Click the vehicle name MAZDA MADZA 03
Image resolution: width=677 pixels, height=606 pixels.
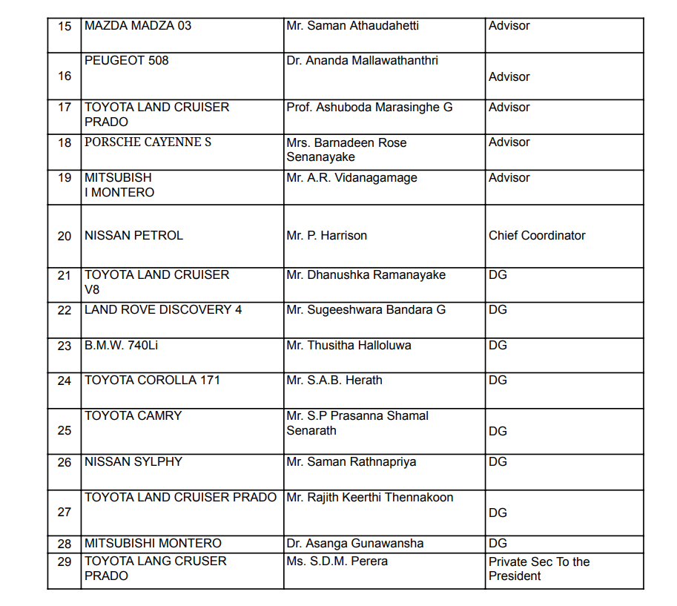pyautogui.click(x=138, y=26)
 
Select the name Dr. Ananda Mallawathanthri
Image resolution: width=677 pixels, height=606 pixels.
pyautogui.click(x=362, y=61)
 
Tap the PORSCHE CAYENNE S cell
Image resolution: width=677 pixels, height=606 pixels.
pyautogui.click(x=148, y=142)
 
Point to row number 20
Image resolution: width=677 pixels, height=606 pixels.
pyautogui.click(x=65, y=236)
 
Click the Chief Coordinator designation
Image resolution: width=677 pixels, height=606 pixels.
pyautogui.click(x=537, y=236)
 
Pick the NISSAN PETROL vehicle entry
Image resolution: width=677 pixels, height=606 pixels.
pyautogui.click(x=133, y=236)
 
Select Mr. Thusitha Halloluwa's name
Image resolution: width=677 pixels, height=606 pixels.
pyautogui.click(x=349, y=346)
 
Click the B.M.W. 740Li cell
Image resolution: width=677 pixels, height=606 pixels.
pyautogui.click(x=122, y=346)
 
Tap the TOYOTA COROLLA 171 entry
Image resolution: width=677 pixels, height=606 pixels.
pyautogui.click(x=152, y=381)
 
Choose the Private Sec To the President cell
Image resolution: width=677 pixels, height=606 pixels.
pyautogui.click(x=539, y=569)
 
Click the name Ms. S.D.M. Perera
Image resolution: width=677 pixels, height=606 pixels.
pyautogui.click(x=337, y=561)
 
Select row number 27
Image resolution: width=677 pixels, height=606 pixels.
pyautogui.click(x=65, y=512)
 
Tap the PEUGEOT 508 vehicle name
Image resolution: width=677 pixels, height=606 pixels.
pyautogui.click(x=127, y=61)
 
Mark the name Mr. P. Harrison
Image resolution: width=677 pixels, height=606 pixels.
pyautogui.click(x=326, y=236)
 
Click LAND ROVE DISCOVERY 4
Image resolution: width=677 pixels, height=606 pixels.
pyautogui.click(x=163, y=310)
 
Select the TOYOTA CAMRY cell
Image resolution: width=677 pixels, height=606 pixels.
pyautogui.click(x=133, y=416)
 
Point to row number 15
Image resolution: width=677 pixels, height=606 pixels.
pyautogui.click(x=65, y=27)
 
